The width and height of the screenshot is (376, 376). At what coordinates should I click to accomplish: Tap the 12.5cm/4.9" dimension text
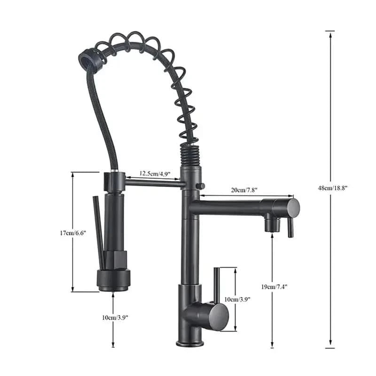[155, 174]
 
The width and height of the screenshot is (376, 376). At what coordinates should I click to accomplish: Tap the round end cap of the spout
[293, 207]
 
